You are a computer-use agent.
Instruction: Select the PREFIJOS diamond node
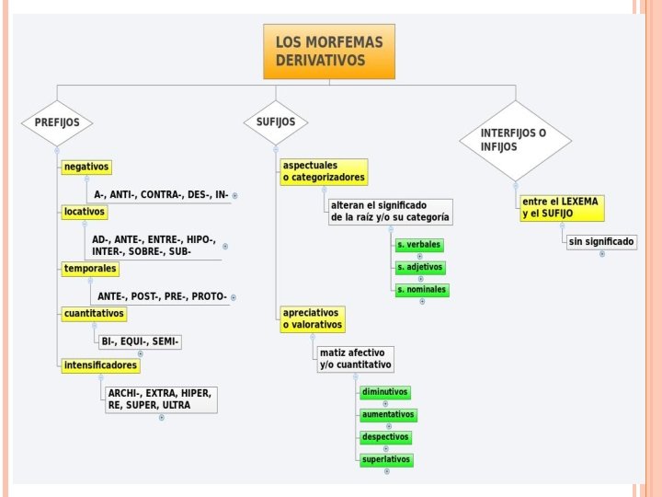tap(57, 121)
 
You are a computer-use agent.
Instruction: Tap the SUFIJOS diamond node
tap(276, 121)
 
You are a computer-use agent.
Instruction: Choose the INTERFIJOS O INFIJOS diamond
tap(514, 140)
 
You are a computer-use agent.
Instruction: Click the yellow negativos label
tap(86, 167)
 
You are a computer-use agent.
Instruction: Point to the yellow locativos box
tap(85, 212)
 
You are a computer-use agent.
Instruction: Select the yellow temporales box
tap(90, 269)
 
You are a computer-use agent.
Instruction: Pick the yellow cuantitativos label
tap(94, 314)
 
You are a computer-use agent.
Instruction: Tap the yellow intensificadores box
tap(101, 365)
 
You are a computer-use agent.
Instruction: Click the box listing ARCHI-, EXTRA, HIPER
tap(160, 399)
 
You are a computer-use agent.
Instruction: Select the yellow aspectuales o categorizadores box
tap(324, 171)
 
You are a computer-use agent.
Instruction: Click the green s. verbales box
tap(419, 245)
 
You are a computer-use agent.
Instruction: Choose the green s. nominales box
tap(422, 289)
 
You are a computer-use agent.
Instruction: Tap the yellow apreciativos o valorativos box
tap(313, 318)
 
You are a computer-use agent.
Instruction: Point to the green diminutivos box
tap(385, 392)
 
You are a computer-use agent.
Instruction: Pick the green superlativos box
tap(386, 459)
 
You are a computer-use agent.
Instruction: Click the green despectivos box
tap(386, 437)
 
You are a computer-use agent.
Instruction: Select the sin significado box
tap(601, 241)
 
